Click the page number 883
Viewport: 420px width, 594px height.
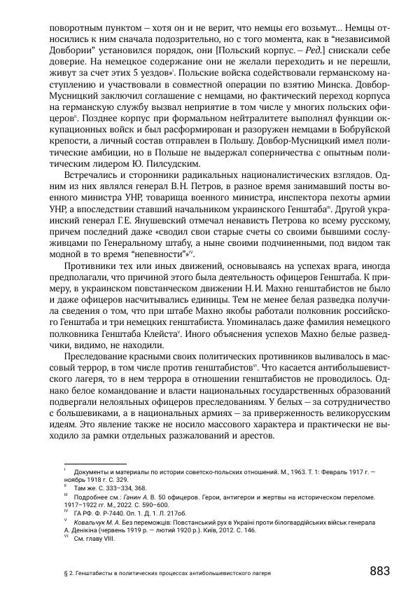click(379, 571)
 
